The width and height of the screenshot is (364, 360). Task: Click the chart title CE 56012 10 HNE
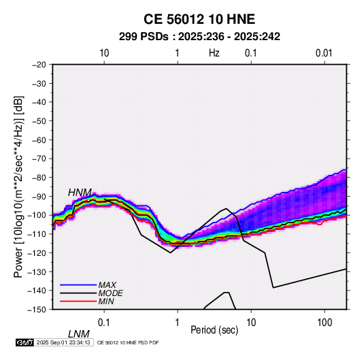tap(199, 19)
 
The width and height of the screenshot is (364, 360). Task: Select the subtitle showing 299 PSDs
tap(199, 37)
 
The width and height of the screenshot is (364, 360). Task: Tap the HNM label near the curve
tap(80, 193)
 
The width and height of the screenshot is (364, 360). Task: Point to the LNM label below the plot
tap(78, 334)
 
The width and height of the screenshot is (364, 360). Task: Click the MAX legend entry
tap(107, 284)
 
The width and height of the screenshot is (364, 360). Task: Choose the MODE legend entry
tap(110, 293)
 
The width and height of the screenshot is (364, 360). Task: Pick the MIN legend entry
tap(106, 301)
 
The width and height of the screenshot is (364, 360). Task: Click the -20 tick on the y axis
tap(39, 65)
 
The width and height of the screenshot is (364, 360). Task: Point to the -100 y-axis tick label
tap(37, 215)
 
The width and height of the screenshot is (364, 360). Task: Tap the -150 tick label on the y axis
tap(37, 310)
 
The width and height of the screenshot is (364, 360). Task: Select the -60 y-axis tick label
tap(39, 140)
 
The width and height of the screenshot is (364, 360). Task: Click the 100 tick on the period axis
tap(325, 323)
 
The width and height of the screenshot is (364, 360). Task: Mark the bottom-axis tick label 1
tap(177, 323)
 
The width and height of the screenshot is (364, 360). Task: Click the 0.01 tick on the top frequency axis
tap(324, 53)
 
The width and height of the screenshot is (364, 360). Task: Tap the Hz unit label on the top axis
tap(214, 53)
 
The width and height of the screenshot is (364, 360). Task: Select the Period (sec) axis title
tap(214, 330)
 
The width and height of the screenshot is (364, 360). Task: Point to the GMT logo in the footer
tap(25, 342)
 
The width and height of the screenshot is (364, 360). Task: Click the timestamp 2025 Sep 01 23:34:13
tap(63, 342)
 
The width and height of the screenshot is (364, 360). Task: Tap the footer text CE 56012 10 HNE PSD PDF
tap(128, 342)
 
